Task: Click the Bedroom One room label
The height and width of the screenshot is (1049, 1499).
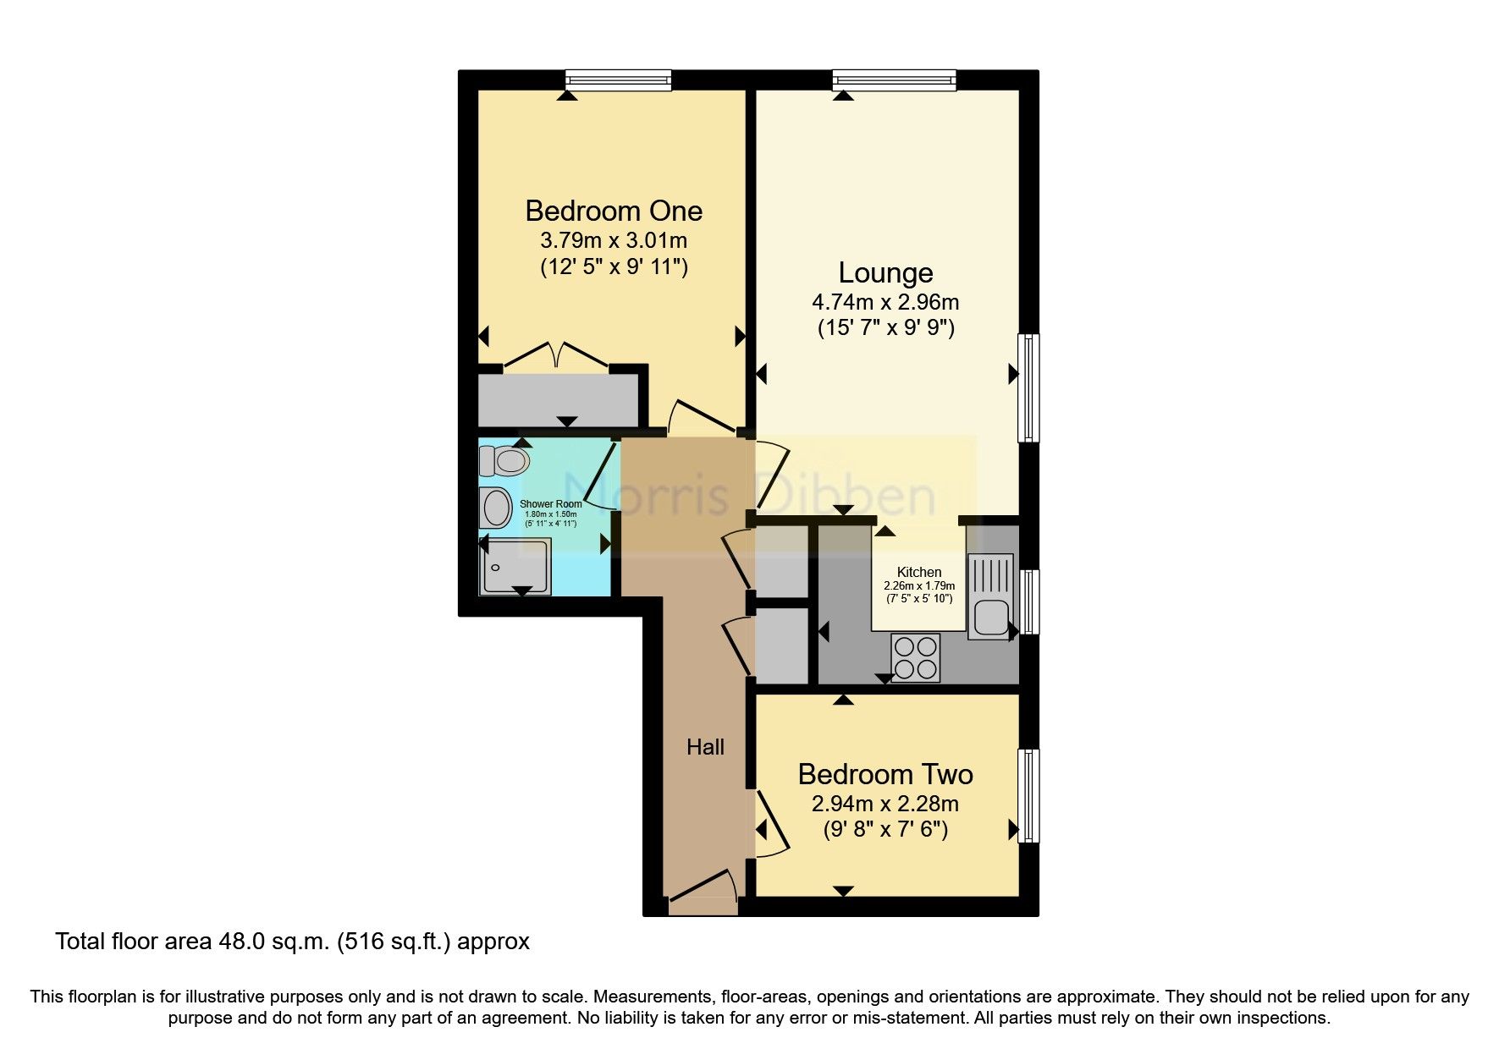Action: (x=614, y=210)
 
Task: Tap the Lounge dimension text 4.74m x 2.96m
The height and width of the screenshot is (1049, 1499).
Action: (x=885, y=301)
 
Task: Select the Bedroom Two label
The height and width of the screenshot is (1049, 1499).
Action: (x=885, y=774)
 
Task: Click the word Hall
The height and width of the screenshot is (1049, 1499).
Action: (x=705, y=747)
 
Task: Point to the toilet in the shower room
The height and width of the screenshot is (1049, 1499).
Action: (x=504, y=461)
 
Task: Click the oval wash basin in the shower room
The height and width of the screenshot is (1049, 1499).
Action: (x=496, y=508)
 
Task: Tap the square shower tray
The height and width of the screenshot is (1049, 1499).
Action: (x=515, y=566)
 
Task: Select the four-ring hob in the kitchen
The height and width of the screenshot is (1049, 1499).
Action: (x=916, y=658)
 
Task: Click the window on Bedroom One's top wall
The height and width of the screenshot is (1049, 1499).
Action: (x=619, y=80)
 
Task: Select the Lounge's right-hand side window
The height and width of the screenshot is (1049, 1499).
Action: (x=1028, y=388)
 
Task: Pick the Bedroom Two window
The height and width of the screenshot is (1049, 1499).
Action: (x=1028, y=795)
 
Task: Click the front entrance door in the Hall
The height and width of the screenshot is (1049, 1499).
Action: (x=703, y=895)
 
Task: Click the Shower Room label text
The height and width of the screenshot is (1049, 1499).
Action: (x=551, y=504)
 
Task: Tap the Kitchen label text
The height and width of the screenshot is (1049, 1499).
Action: (x=919, y=573)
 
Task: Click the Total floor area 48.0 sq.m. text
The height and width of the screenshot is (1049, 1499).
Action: (x=293, y=942)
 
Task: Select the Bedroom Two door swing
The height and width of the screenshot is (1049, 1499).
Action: (x=770, y=825)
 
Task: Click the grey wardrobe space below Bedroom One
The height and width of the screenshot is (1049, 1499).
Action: (x=559, y=403)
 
